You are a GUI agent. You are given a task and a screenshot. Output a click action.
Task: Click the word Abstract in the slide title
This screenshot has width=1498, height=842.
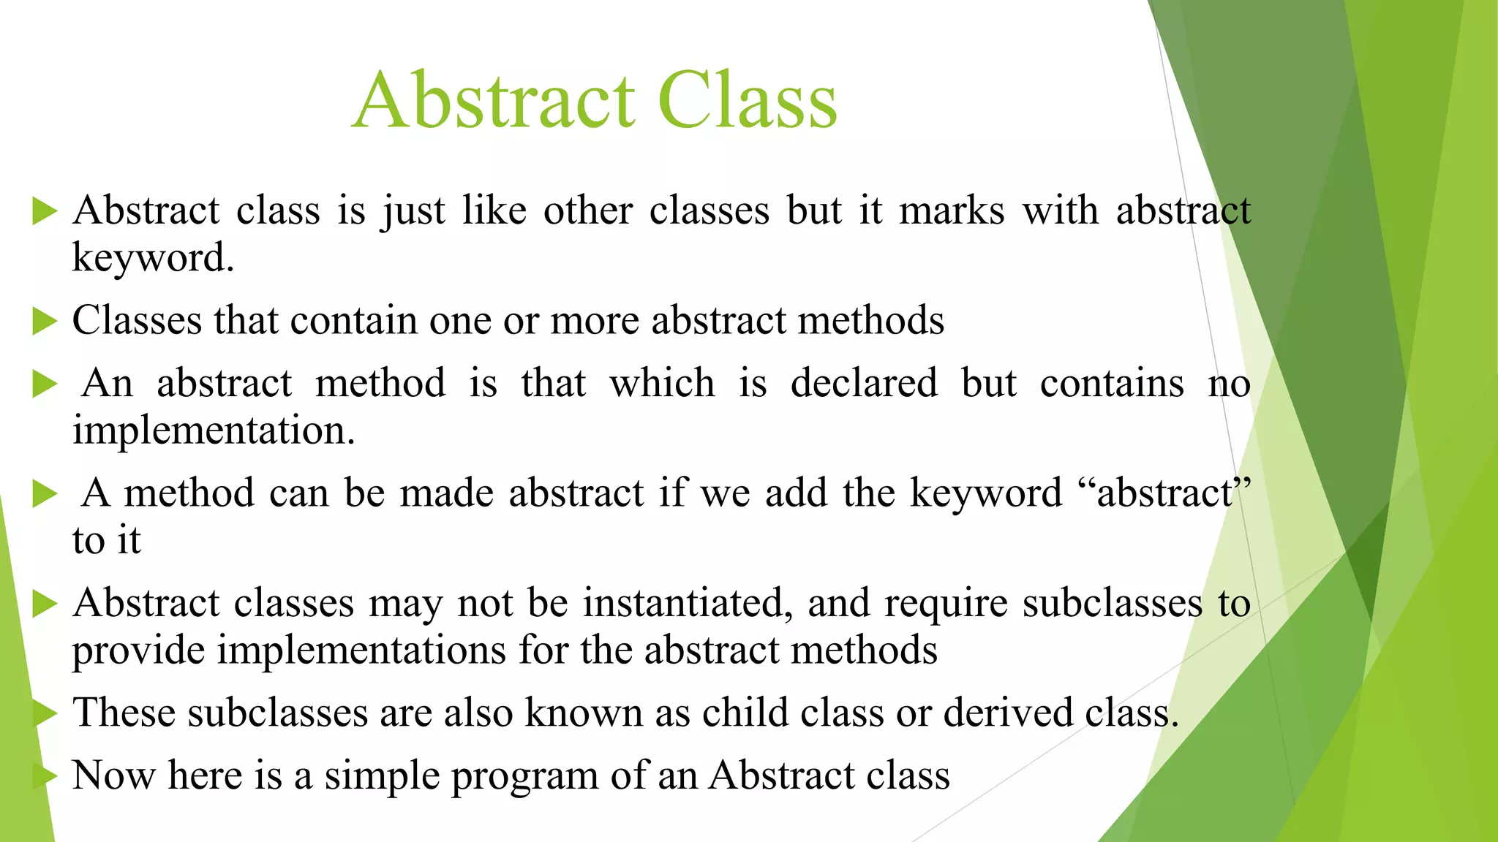494,101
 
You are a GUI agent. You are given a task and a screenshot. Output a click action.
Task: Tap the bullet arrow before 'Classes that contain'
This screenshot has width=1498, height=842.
45,322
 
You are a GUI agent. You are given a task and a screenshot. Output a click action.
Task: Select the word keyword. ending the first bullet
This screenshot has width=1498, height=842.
153,258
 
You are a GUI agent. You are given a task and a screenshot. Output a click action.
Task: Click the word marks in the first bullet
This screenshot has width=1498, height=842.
951,211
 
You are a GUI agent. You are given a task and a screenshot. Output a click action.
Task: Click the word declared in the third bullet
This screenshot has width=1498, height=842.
864,384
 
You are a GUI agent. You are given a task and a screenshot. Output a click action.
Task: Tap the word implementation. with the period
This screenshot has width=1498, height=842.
214,431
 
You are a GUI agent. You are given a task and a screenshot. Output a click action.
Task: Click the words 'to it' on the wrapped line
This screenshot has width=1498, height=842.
107,541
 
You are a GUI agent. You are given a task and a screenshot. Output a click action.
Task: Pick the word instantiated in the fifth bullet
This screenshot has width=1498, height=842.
687,604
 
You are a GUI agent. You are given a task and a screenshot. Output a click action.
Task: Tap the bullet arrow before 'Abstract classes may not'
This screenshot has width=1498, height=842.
45,604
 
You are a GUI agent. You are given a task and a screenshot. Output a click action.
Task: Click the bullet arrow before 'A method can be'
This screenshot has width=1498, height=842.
45,494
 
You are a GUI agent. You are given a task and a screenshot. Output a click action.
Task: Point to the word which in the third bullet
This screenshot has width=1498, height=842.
662,384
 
